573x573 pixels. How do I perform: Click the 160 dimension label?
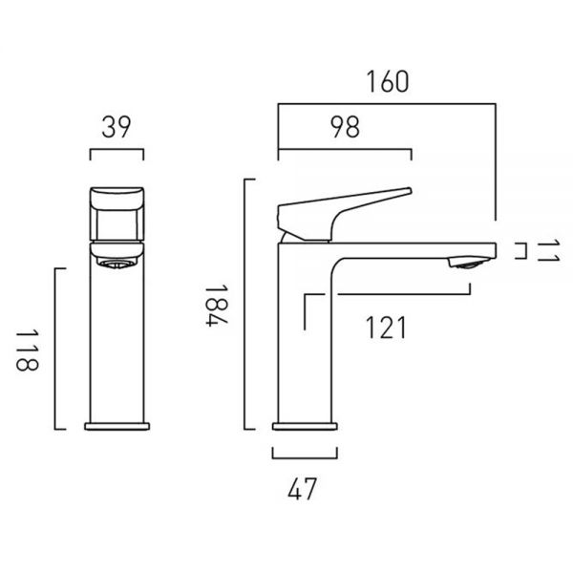[x=388, y=81]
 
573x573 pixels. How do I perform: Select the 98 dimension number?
[x=345, y=127]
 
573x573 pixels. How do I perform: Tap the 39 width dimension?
[x=117, y=127]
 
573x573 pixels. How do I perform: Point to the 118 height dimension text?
[x=27, y=350]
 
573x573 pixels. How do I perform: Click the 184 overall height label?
[x=217, y=306]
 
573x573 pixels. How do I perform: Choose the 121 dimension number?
[x=386, y=328]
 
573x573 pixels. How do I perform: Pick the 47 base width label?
[x=302, y=489]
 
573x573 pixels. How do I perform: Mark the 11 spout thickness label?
[x=548, y=250]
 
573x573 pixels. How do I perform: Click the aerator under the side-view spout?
[x=469, y=264]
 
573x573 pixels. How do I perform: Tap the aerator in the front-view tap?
[x=117, y=264]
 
